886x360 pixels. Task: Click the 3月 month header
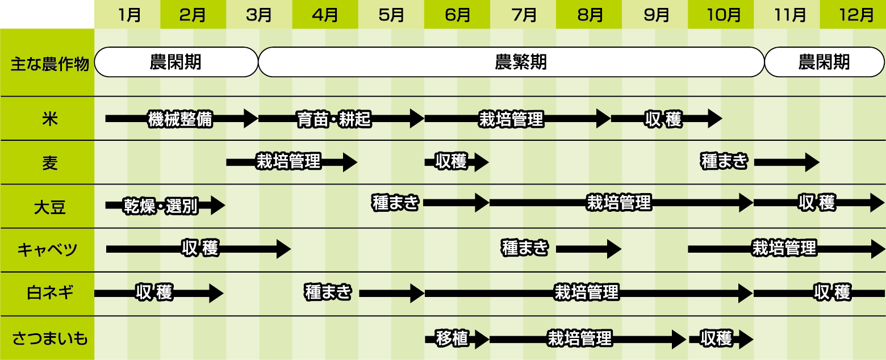point(259,15)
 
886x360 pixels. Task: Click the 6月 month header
point(457,15)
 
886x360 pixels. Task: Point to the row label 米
point(47,119)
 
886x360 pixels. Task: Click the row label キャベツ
point(47,250)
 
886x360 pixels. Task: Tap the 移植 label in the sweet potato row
point(452,338)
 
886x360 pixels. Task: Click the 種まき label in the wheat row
point(725,162)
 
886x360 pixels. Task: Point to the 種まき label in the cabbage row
point(525,248)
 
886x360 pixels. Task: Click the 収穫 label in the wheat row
point(451,162)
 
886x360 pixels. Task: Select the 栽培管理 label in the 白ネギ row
point(586,293)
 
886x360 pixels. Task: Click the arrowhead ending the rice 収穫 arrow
point(714,119)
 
